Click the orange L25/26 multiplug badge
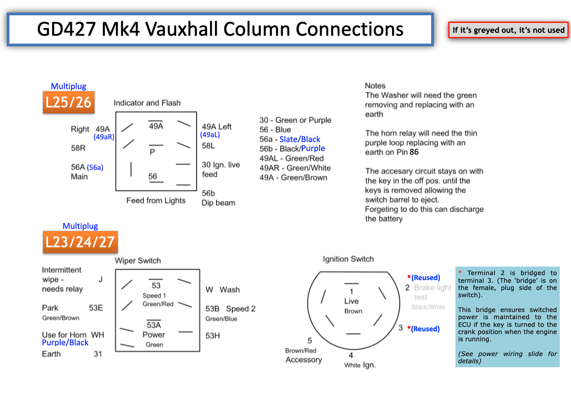(x=69, y=102)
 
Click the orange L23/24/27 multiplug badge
(x=80, y=242)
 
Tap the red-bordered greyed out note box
(x=509, y=30)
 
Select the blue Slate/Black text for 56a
(x=300, y=139)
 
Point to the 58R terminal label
(x=78, y=148)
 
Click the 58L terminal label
(x=208, y=146)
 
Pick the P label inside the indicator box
(x=152, y=152)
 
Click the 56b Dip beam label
(x=219, y=198)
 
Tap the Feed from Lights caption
(x=156, y=201)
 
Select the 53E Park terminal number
(x=96, y=308)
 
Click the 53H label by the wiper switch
(x=213, y=336)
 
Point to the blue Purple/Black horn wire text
(x=65, y=343)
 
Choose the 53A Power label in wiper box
(x=154, y=330)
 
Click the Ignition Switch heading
(x=348, y=259)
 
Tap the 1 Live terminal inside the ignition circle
(x=351, y=296)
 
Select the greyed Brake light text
(x=433, y=287)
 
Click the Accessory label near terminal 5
(x=303, y=360)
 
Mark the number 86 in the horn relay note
(x=414, y=152)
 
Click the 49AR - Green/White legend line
(x=295, y=168)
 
